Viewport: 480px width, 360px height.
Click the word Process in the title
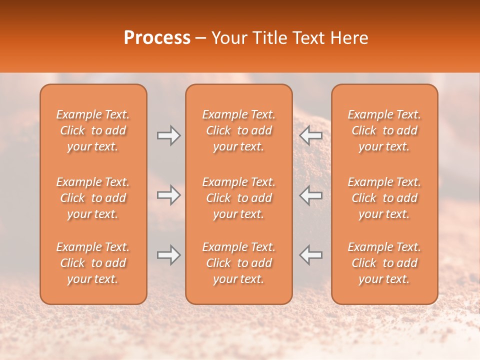(157, 38)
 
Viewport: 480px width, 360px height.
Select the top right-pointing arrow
(168, 135)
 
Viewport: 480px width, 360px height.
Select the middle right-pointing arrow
(168, 195)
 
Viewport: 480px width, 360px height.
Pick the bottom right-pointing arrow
(168, 255)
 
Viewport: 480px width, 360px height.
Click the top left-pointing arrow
(310, 135)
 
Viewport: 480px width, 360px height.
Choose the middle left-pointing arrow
(310, 195)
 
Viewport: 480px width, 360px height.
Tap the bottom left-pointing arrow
(310, 255)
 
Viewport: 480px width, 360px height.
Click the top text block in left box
(93, 130)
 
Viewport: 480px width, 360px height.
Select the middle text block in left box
(93, 198)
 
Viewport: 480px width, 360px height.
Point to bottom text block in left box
(93, 263)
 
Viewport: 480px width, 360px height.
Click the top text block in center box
(238, 130)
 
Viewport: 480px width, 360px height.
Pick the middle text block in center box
(238, 198)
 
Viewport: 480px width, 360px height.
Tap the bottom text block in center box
(238, 263)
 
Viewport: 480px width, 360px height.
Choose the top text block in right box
(384, 130)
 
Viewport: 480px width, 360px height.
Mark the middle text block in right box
(384, 198)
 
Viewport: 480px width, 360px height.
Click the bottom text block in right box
(384, 263)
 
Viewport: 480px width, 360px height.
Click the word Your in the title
(228, 38)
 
